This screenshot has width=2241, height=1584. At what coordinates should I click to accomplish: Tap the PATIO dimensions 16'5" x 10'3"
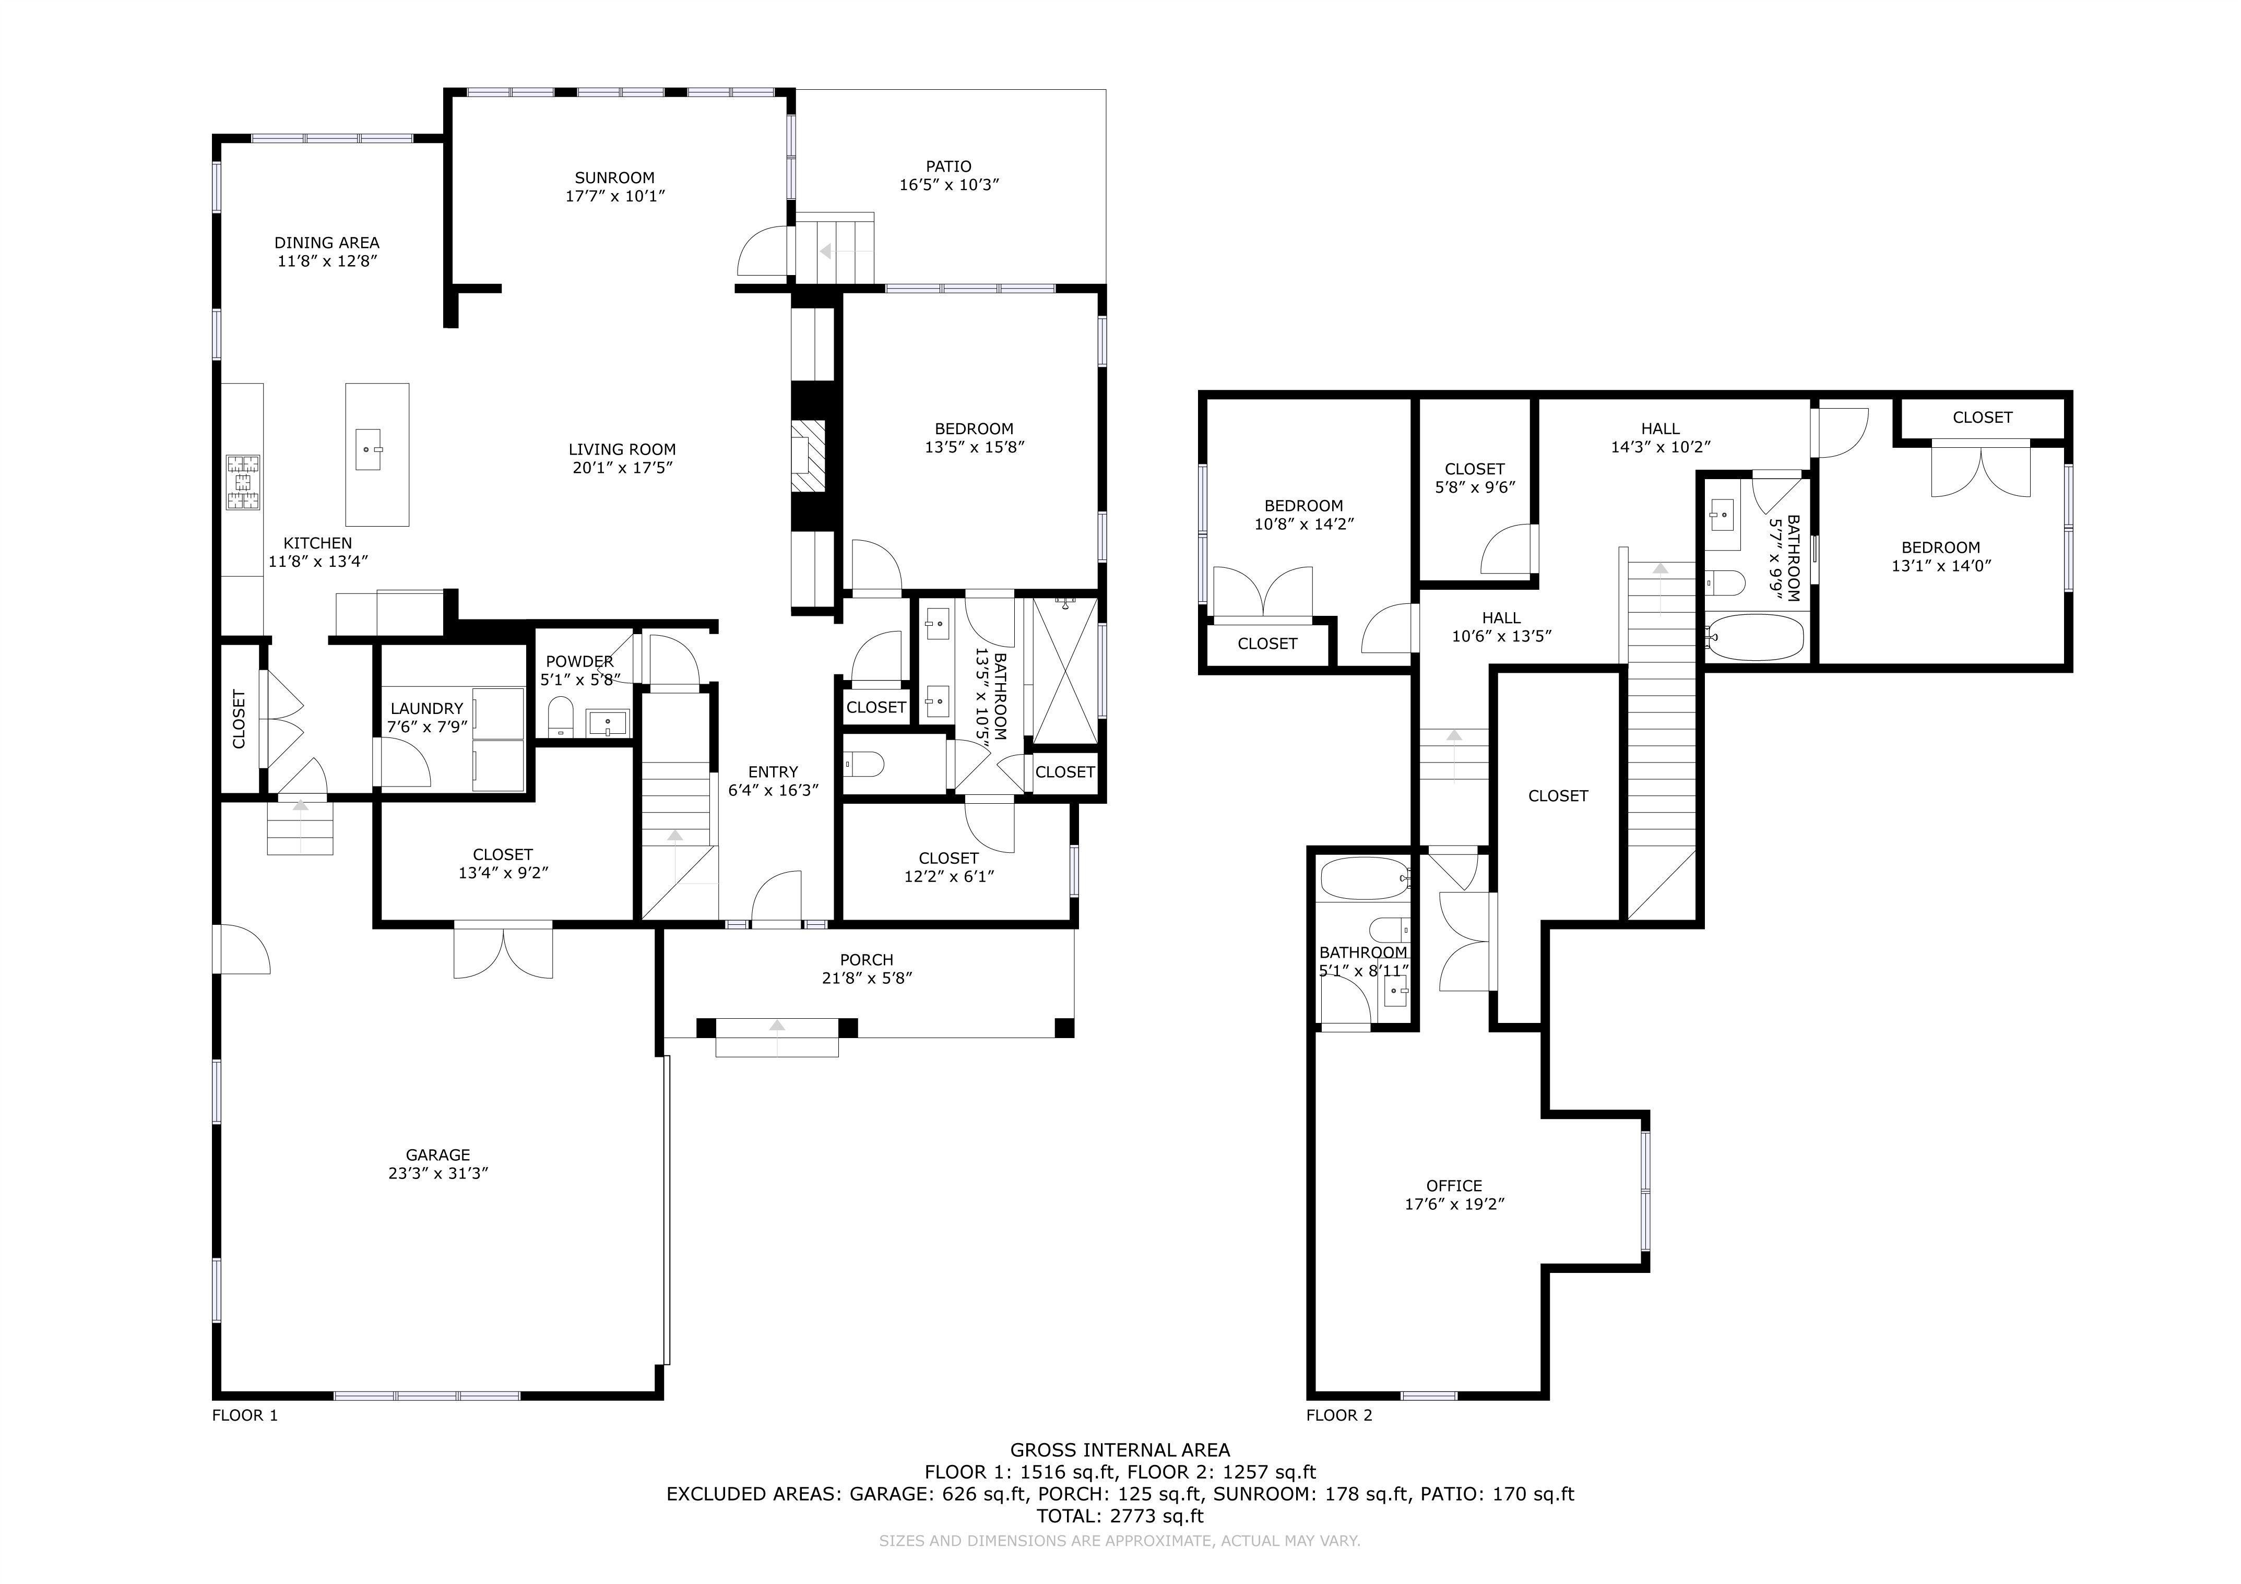(948, 184)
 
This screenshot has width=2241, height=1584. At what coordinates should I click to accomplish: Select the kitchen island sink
(368, 449)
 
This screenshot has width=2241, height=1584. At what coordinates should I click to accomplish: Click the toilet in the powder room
(560, 717)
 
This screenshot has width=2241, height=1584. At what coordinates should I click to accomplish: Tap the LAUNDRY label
(426, 709)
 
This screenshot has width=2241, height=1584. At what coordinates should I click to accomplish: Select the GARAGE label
(438, 1154)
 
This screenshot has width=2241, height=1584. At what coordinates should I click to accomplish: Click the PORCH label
(867, 959)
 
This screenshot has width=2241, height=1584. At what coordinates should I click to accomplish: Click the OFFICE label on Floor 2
(1454, 1186)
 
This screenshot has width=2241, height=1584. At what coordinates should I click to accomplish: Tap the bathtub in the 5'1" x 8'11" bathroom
(1363, 878)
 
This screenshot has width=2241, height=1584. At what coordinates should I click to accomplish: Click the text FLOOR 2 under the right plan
(1339, 1415)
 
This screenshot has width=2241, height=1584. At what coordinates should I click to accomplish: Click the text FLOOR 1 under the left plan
(245, 1415)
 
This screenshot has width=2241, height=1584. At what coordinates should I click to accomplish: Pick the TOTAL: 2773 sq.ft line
(1120, 1516)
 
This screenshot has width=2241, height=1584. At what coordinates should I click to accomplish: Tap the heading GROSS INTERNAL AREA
(1120, 1450)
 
